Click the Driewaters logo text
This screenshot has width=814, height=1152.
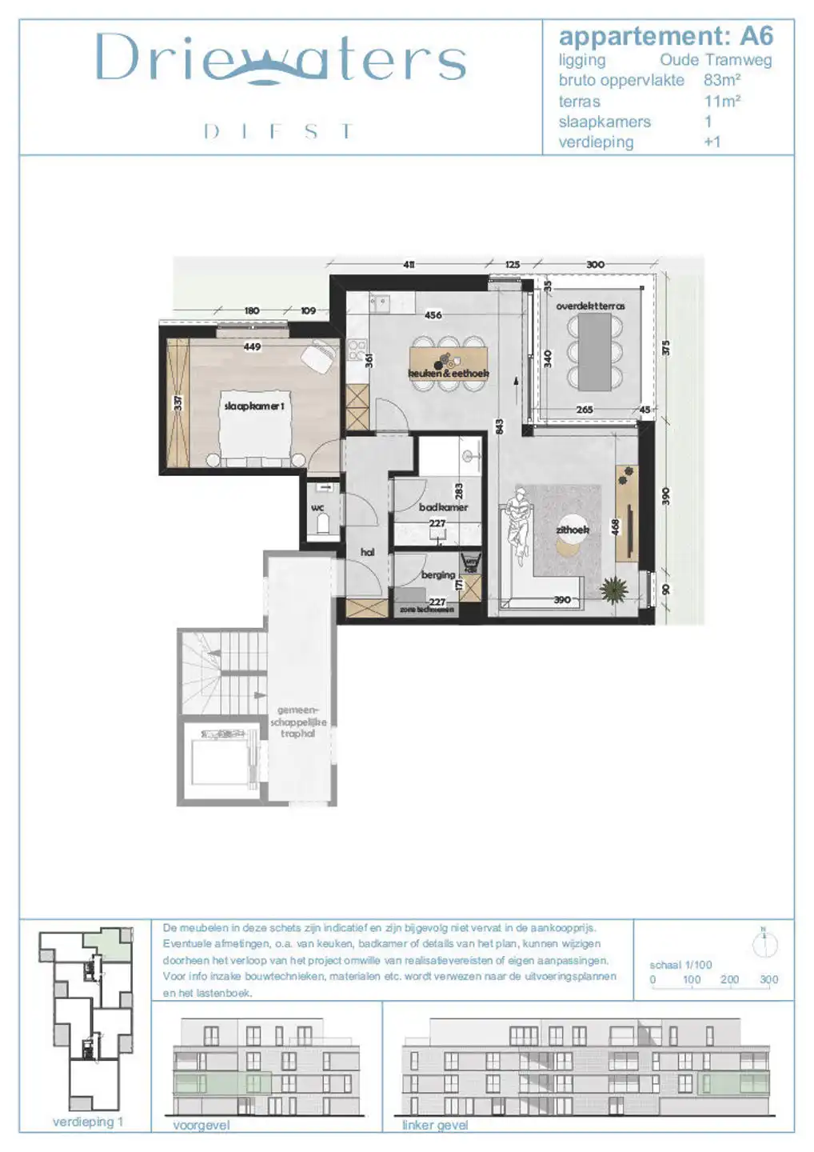point(280,59)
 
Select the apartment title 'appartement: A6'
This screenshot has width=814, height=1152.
point(665,36)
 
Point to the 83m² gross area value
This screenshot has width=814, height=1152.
point(721,80)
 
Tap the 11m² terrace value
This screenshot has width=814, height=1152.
point(721,101)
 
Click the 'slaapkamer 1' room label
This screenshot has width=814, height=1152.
point(253,406)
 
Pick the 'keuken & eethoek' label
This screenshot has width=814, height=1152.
point(448,374)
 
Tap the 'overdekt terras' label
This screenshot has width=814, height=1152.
point(590,306)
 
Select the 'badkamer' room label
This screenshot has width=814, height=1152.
point(443,507)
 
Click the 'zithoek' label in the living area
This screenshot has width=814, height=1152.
point(573,530)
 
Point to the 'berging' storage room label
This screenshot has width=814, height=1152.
point(437,574)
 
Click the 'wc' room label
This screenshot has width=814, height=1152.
point(317,508)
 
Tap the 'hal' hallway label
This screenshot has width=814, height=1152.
point(367,552)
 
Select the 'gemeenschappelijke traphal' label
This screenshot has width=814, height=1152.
point(298,722)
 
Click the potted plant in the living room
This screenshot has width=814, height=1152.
point(614,590)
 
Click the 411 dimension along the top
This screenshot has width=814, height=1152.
point(409,264)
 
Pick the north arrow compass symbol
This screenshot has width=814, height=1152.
point(764,943)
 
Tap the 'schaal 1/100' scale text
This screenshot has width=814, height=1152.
point(680,965)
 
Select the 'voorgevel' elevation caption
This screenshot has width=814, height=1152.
point(201,1125)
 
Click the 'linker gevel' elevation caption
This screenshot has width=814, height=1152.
point(434,1125)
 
